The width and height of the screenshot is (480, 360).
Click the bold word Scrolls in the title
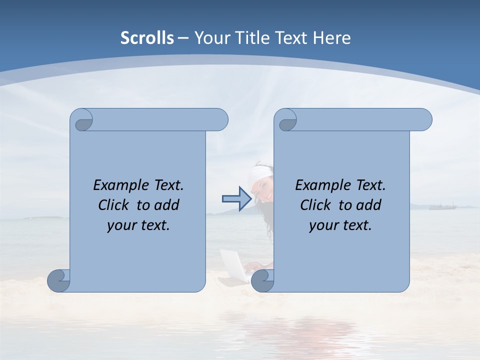147,38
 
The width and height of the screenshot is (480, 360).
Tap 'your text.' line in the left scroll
138,225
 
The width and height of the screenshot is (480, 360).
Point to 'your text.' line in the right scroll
340,225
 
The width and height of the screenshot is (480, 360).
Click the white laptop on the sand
234,265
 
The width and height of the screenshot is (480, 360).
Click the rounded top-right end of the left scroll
220,120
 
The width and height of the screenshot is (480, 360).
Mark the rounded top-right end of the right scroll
424,120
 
